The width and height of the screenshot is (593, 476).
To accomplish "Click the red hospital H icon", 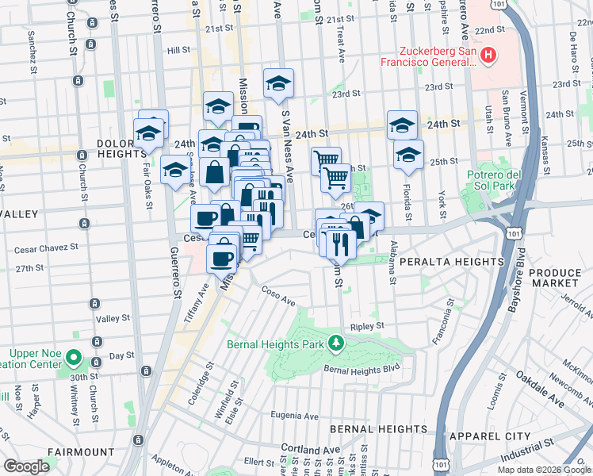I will tap(489, 56).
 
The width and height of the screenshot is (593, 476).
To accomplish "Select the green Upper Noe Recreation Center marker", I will tap(73, 357).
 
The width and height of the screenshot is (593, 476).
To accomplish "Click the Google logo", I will tap(26, 466).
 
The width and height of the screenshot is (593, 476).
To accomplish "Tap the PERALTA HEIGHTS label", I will tap(452, 262).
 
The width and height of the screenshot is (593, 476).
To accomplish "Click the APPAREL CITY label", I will tap(489, 436).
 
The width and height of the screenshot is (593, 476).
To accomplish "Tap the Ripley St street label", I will tap(367, 325).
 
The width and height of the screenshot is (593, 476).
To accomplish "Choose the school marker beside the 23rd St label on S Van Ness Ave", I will tap(278, 83).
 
